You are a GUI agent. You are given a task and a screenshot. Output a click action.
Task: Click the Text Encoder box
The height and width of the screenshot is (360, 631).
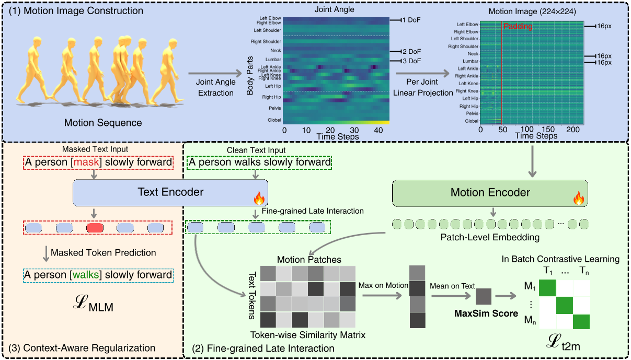tap(170, 192)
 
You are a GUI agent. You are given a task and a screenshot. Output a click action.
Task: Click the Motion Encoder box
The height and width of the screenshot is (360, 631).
tap(490, 193)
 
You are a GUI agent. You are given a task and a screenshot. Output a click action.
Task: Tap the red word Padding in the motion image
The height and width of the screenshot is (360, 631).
tap(518, 27)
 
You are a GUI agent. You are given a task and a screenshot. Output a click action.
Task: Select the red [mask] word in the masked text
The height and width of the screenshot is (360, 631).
tap(88, 162)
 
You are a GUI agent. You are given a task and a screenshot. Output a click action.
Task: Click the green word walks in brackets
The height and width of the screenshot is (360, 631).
tap(88, 274)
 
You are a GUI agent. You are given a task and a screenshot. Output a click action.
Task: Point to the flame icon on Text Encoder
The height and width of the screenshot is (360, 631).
tap(259, 198)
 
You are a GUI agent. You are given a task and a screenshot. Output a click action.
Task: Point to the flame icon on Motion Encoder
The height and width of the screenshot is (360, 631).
tap(578, 198)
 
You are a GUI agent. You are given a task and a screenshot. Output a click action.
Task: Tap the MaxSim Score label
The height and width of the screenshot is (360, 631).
tap(485, 314)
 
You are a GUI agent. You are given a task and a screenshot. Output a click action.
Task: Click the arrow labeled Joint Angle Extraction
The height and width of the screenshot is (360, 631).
tap(215, 76)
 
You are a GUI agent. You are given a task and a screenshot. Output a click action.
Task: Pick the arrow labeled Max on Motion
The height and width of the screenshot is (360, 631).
tap(380, 295)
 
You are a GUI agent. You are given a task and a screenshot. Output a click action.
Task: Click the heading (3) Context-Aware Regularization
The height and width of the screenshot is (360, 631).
tap(79, 348)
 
